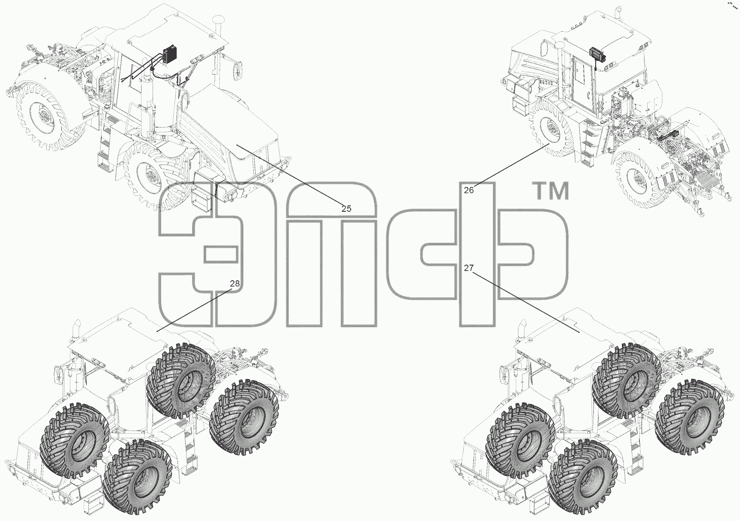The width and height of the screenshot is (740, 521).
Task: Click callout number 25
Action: pyautogui.click(x=346, y=209)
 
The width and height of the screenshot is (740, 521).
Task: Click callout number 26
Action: pyautogui.click(x=469, y=190)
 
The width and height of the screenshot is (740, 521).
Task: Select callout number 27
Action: pyautogui.click(x=469, y=268)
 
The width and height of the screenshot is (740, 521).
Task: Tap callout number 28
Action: pyautogui.click(x=235, y=283)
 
